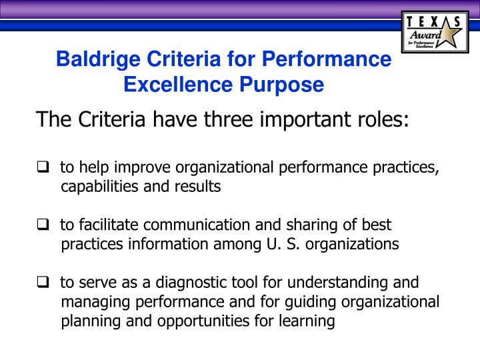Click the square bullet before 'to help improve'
[x=42, y=167]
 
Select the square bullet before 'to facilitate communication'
[x=42, y=225]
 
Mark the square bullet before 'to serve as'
[x=42, y=282]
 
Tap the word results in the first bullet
[x=200, y=187]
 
